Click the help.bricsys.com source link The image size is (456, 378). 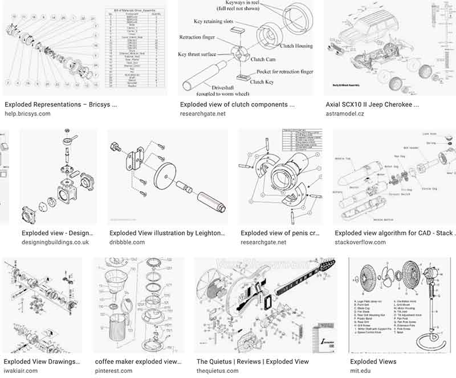tap(27, 114)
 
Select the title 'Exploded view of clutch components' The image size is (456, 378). tap(237, 105)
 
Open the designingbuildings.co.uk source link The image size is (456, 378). tap(55, 242)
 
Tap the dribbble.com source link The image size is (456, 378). tap(127, 242)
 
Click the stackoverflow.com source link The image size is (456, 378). tap(360, 242)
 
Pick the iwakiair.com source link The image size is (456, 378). tap(21, 371)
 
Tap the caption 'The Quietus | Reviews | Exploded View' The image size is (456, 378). tap(253, 361)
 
